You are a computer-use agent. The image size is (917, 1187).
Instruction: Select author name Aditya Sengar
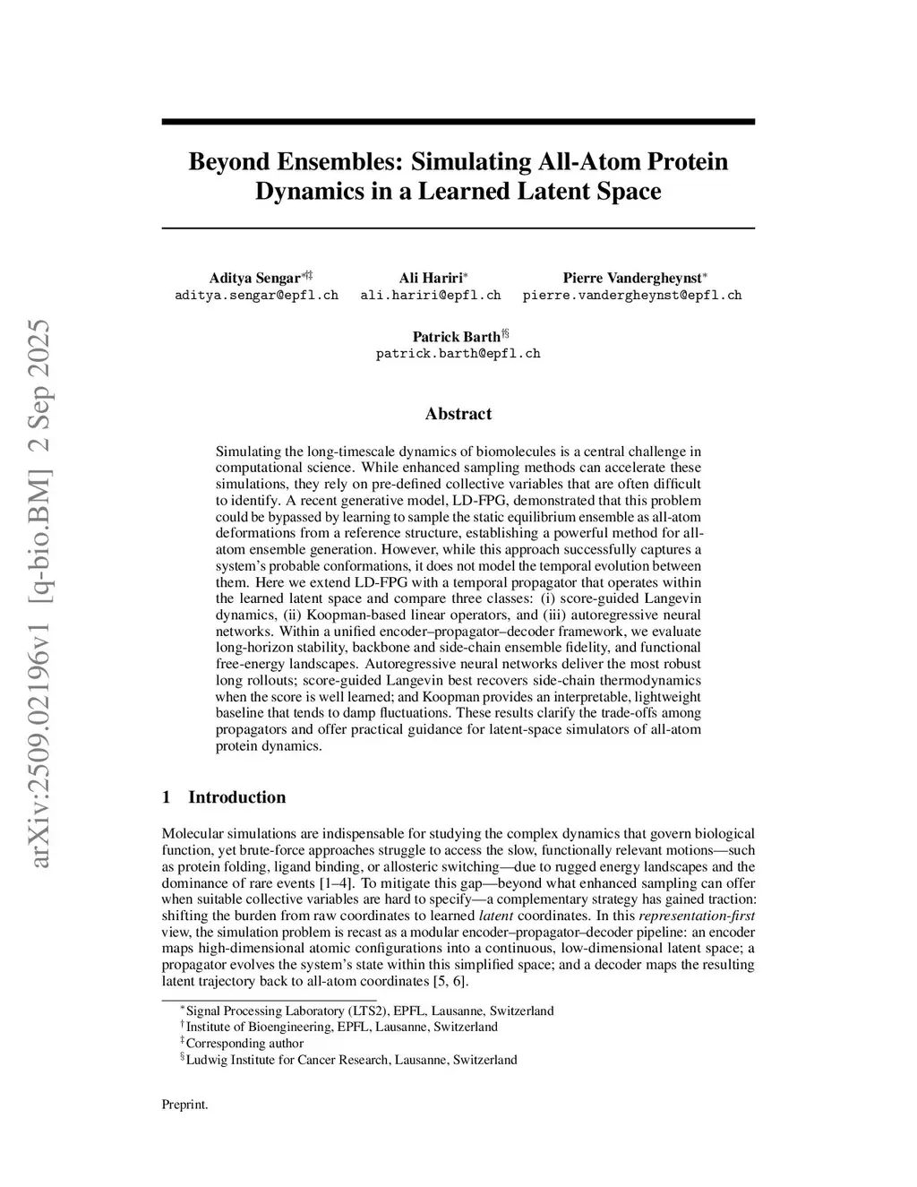click(x=254, y=279)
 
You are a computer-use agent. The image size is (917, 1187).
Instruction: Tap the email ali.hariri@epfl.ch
click(x=430, y=295)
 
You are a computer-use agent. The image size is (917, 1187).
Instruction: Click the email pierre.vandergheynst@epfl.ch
click(x=632, y=295)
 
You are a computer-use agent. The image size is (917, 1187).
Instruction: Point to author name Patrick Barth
click(x=456, y=337)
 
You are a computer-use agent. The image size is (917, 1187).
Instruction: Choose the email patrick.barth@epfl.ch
click(x=458, y=353)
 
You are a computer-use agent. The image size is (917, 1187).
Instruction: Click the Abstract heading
click(x=458, y=414)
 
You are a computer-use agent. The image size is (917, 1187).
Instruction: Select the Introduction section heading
click(x=236, y=797)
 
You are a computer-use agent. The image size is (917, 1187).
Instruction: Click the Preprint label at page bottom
click(x=184, y=1105)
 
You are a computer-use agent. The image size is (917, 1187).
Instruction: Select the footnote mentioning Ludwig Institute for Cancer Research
click(x=351, y=1060)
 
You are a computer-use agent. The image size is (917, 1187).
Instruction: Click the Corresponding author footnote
click(x=244, y=1043)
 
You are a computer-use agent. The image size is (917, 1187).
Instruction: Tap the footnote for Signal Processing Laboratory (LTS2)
click(x=369, y=1011)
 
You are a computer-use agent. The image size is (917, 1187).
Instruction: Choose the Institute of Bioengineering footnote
click(x=340, y=1027)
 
